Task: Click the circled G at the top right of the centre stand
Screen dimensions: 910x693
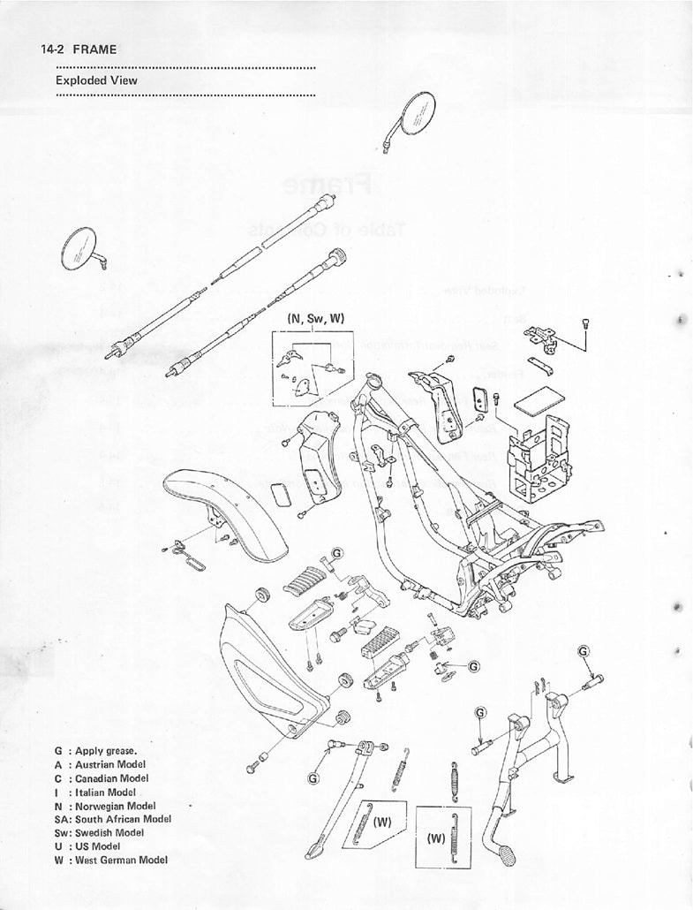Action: tap(584, 651)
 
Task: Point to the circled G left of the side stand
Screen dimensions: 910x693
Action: tap(313, 778)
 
